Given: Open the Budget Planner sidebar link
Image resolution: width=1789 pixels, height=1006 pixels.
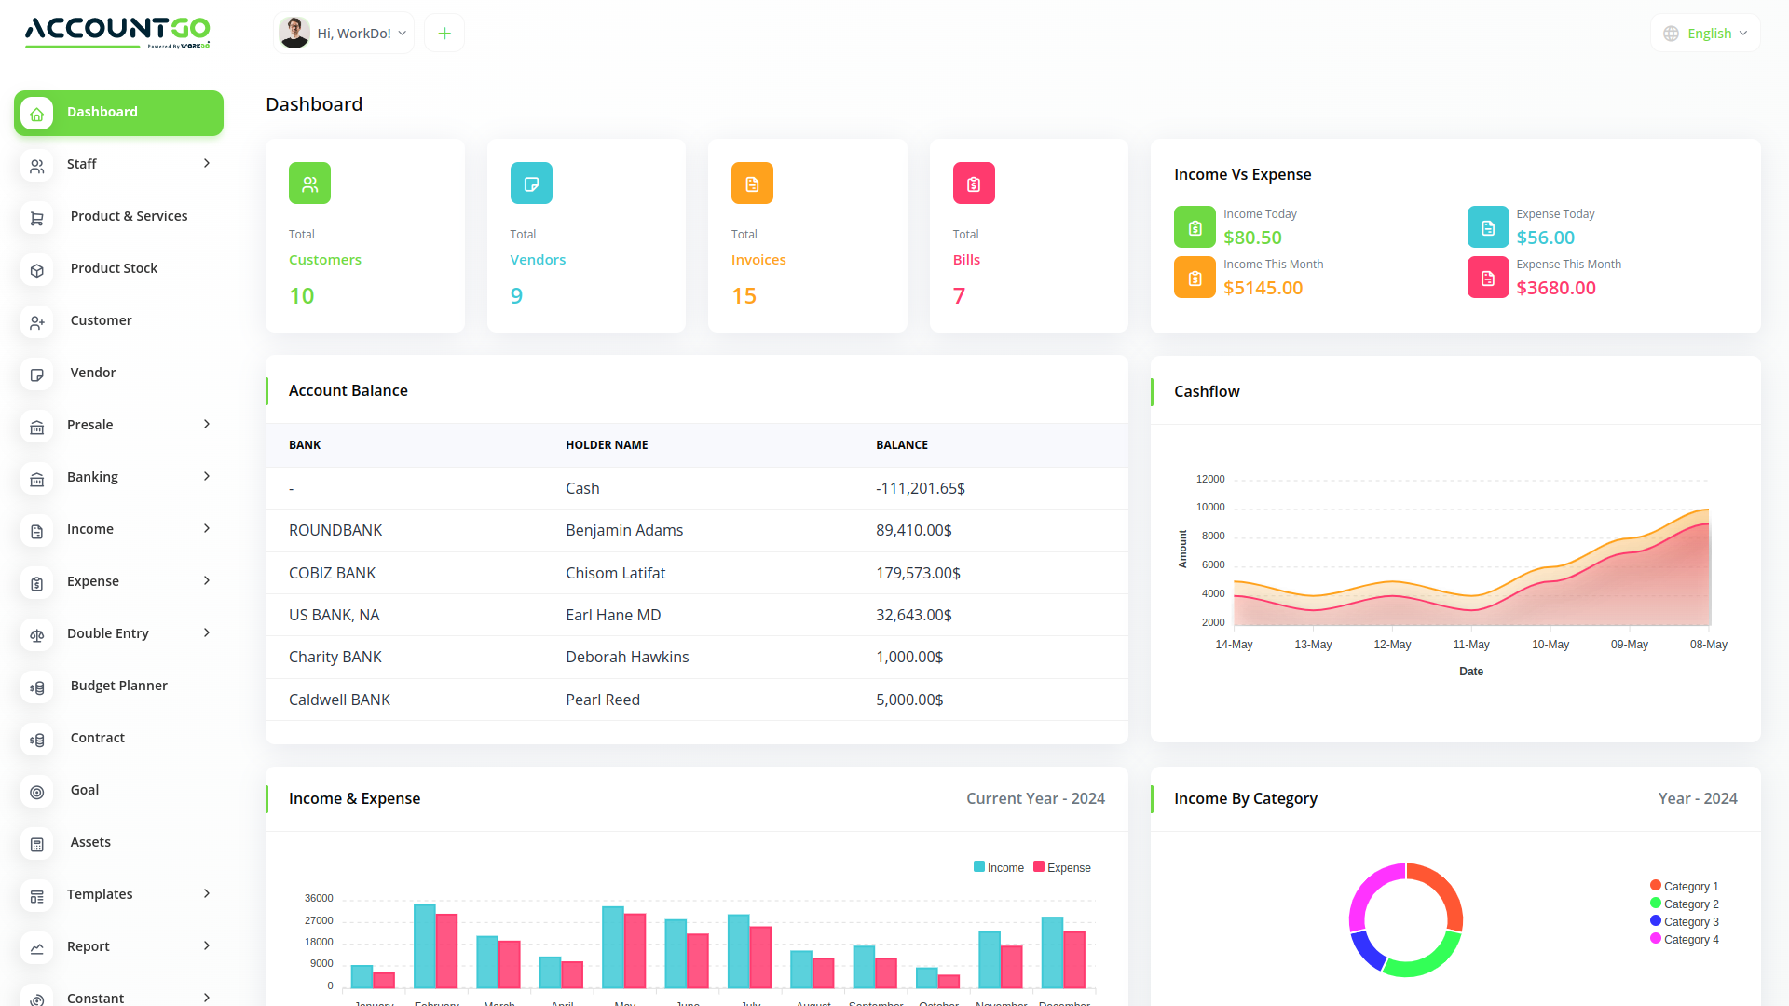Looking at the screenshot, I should coord(118,686).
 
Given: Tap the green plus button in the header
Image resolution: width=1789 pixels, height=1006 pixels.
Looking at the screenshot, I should coord(444,34).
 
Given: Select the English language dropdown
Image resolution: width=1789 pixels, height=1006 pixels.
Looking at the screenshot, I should coord(1706,34).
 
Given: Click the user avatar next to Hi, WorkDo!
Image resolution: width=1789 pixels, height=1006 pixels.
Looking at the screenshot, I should coord(294,33).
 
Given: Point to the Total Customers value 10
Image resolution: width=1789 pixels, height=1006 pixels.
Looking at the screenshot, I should coord(302,296).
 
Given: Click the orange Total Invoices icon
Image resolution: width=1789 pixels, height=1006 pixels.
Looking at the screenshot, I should coord(752,184).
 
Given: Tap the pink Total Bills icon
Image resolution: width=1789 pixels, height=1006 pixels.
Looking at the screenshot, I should coord(974,184).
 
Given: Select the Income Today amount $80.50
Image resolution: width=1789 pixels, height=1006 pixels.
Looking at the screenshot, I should coord(1252,238).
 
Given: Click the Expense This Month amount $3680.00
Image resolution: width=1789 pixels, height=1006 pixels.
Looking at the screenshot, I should coord(1555,288).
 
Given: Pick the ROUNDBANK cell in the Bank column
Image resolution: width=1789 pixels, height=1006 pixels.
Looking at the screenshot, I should coord(335,530).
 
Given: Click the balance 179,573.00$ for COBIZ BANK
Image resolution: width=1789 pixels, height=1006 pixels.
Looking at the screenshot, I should coord(918,573).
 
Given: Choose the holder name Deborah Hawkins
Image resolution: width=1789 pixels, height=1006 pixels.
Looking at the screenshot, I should coord(627,657).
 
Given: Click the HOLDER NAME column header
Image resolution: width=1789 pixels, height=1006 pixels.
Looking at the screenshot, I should coord(607,445).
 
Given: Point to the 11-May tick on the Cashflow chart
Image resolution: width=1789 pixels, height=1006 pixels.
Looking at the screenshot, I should coord(1471,645).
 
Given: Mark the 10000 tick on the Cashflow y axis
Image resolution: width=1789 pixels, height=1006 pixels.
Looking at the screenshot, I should coord(1210,508).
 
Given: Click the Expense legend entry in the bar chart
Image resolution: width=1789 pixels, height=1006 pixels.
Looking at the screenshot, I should coord(1062,868).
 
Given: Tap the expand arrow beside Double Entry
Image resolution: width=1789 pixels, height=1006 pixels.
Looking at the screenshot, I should coord(207,633).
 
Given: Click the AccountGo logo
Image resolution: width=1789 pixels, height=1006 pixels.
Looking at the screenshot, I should coord(117,32).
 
